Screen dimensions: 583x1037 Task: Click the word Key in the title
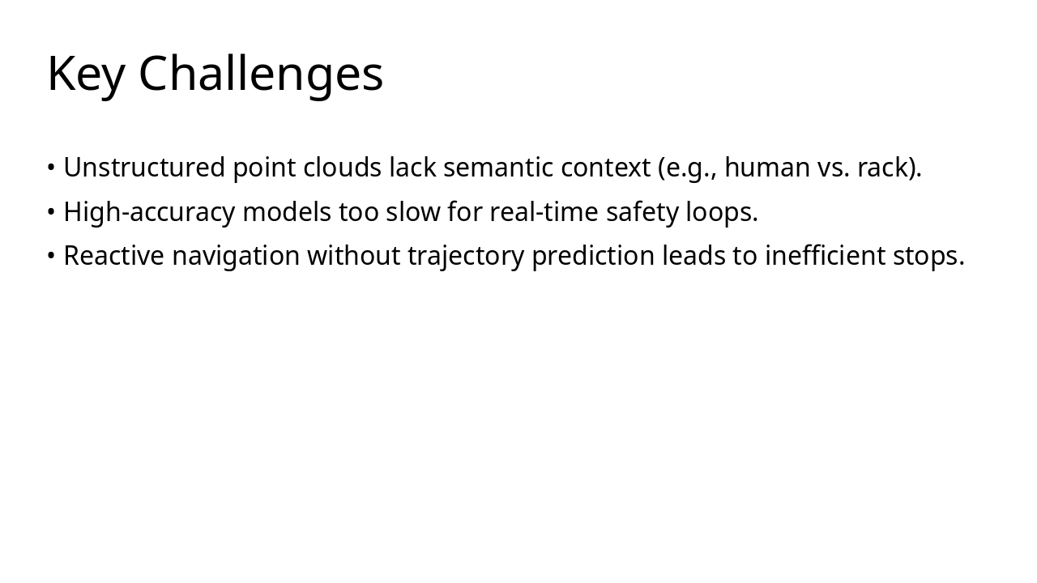(x=86, y=74)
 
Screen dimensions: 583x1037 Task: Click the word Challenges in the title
(x=261, y=74)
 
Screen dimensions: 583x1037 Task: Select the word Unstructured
(x=144, y=168)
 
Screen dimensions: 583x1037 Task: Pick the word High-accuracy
(x=149, y=212)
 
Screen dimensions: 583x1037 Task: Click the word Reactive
(x=113, y=256)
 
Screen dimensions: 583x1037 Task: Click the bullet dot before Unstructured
(x=51, y=168)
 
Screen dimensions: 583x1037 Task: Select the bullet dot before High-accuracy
(x=51, y=212)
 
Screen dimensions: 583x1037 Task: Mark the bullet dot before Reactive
(x=51, y=256)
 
